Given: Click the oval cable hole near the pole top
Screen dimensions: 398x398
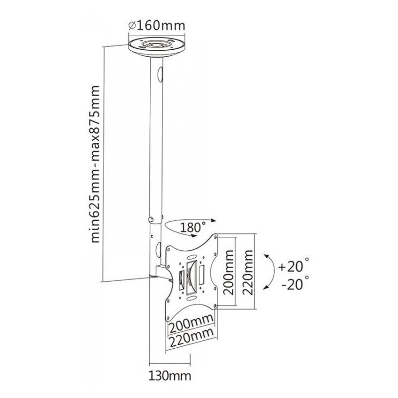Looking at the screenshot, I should pos(160,75).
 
